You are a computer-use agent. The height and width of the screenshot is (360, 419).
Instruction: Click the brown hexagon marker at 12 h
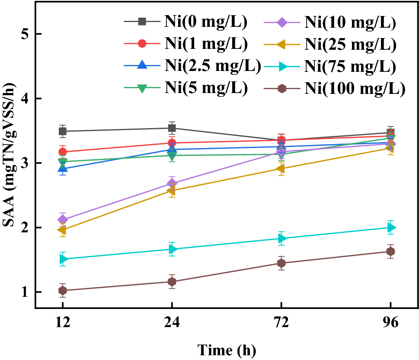pyautogui.click(x=63, y=290)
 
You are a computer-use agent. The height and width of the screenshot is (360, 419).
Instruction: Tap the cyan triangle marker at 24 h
pyautogui.click(x=172, y=249)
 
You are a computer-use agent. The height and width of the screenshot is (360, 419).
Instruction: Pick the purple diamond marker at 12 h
pyautogui.click(x=63, y=219)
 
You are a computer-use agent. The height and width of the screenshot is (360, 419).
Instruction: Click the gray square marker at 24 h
pyautogui.click(x=172, y=128)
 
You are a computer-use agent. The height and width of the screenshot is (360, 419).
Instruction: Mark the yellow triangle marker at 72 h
pyautogui.click(x=281, y=169)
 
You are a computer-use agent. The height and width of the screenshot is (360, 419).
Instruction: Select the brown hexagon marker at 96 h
pyautogui.click(x=391, y=251)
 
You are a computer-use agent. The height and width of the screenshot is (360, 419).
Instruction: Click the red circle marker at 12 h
pyautogui.click(x=63, y=152)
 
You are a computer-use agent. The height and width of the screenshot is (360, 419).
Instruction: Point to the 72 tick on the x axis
pyautogui.click(x=281, y=324)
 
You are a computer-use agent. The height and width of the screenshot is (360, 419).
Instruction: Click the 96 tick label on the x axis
pyautogui.click(x=391, y=324)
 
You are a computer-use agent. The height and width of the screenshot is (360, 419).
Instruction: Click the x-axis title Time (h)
pyautogui.click(x=227, y=349)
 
